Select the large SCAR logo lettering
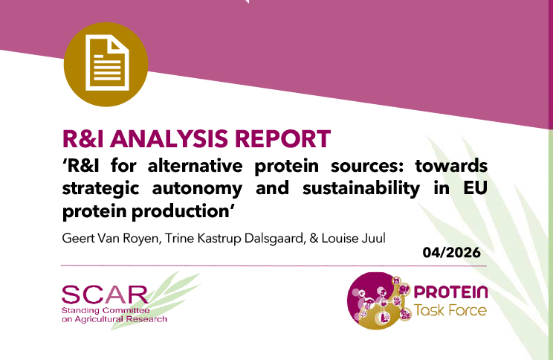[106, 294]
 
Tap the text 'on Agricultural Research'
[114, 318]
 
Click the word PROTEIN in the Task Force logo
[451, 292]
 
